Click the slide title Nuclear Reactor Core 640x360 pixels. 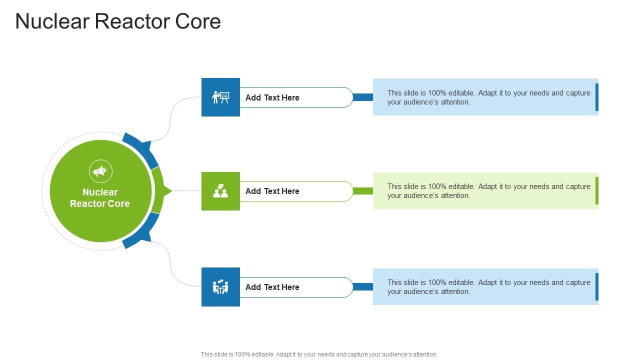click(x=118, y=21)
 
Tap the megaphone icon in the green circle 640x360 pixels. click(x=100, y=171)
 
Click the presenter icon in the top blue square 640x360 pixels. click(x=220, y=97)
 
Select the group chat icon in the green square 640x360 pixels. click(x=220, y=191)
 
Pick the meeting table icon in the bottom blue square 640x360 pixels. click(x=220, y=286)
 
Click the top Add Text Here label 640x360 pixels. click(x=272, y=97)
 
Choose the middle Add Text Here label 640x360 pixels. click(x=272, y=191)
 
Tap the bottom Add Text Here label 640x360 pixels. click(x=272, y=287)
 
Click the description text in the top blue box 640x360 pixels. click(x=488, y=97)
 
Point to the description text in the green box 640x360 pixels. click(x=488, y=191)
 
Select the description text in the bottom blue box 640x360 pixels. click(x=488, y=287)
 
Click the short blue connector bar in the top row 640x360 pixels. click(x=363, y=97)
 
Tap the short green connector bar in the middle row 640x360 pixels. click(x=363, y=191)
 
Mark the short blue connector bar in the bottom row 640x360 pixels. click(x=363, y=286)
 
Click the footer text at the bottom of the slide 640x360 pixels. click(x=319, y=354)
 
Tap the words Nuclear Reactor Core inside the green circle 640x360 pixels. click(x=100, y=197)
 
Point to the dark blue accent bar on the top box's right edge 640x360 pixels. click(x=597, y=97)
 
